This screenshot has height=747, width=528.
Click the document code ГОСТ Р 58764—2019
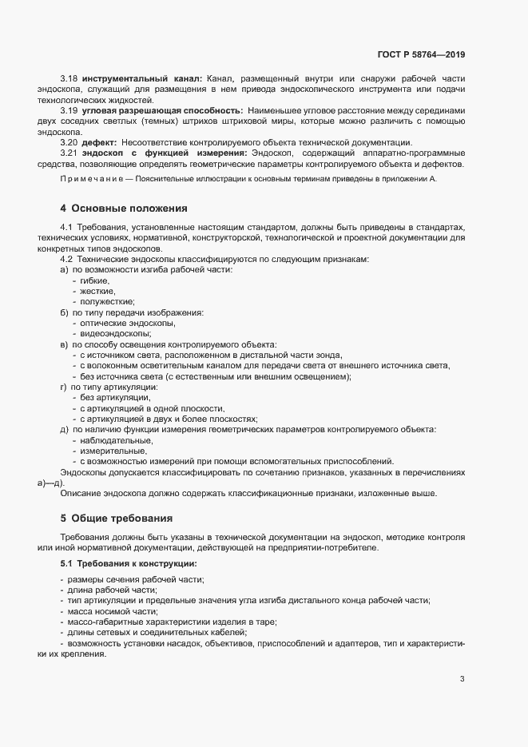420,54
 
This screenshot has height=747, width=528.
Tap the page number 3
462,680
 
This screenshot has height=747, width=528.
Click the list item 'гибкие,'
96,281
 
